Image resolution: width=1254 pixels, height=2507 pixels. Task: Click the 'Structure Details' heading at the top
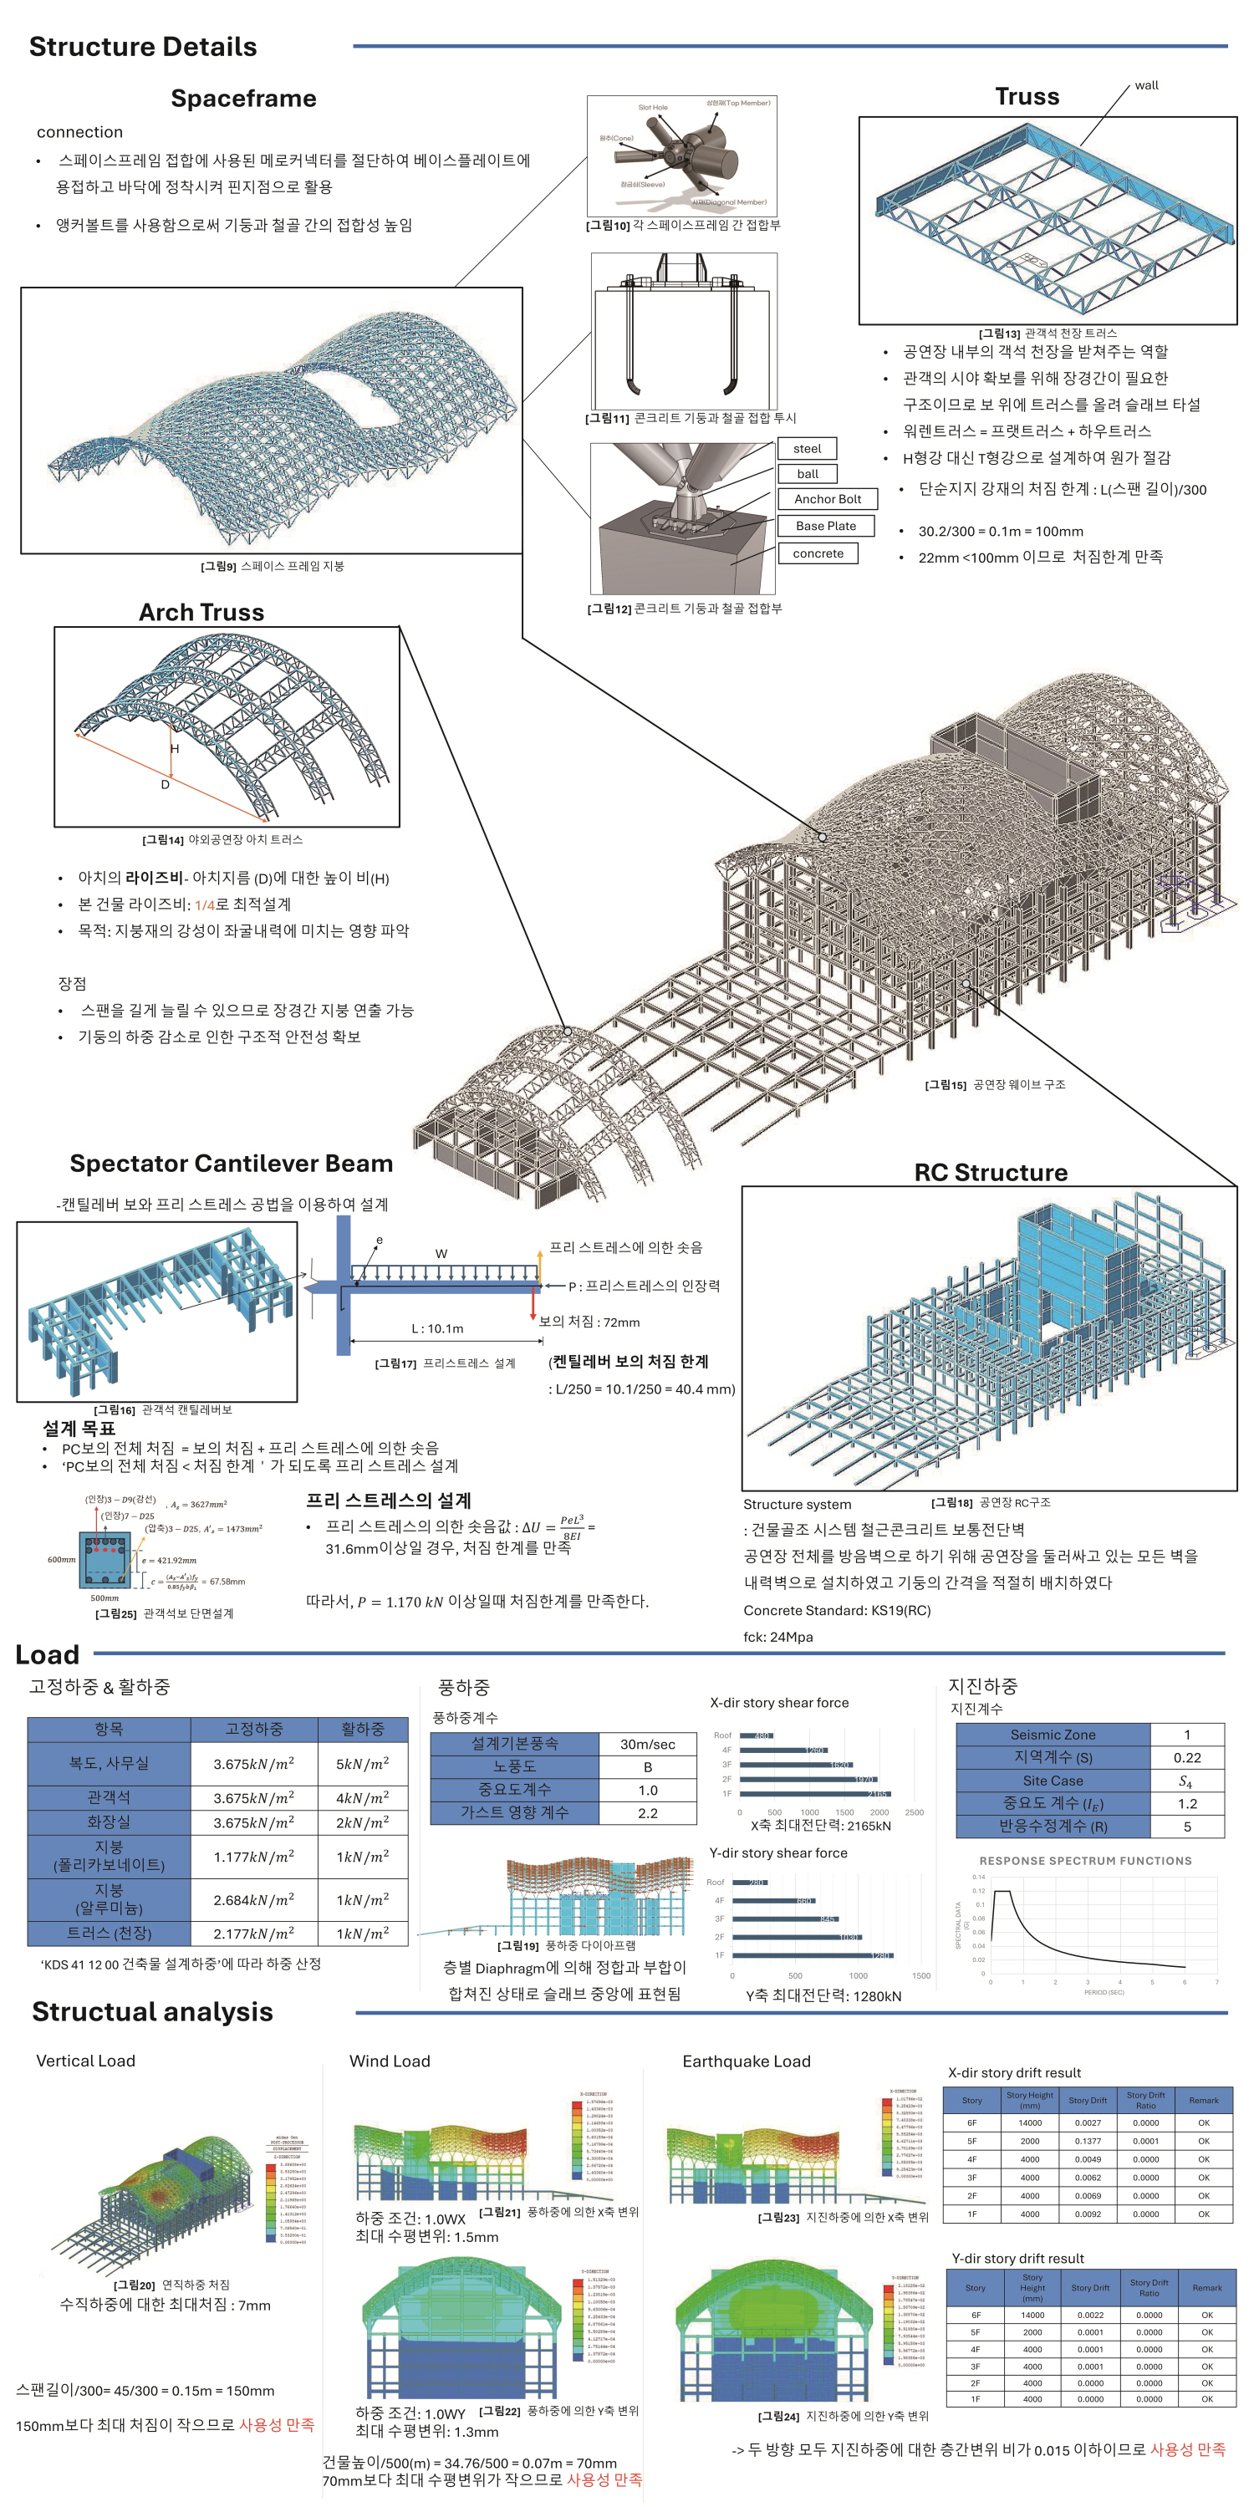[143, 47]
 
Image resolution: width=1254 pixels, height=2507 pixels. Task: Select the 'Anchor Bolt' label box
[828, 499]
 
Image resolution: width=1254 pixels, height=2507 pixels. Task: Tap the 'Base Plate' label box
[826, 526]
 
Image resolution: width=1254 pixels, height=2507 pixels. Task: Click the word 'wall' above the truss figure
[1147, 85]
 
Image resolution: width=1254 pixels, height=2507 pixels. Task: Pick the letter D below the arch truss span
[166, 784]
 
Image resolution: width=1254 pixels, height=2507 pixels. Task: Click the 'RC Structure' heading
[990, 1173]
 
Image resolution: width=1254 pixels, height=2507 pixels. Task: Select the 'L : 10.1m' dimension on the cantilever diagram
[437, 1328]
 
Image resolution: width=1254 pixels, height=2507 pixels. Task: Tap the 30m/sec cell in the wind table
[647, 1744]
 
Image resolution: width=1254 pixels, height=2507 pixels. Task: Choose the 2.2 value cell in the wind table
[647, 1813]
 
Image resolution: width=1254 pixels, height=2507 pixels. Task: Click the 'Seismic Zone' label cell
[1053, 1735]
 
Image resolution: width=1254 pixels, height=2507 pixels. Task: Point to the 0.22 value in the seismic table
[1187, 1758]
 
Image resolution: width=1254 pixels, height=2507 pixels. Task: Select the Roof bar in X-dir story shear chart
[756, 1735]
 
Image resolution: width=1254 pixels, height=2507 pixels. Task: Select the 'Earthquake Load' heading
[746, 2061]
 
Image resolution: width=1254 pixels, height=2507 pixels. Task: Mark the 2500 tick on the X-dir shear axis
[915, 1812]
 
